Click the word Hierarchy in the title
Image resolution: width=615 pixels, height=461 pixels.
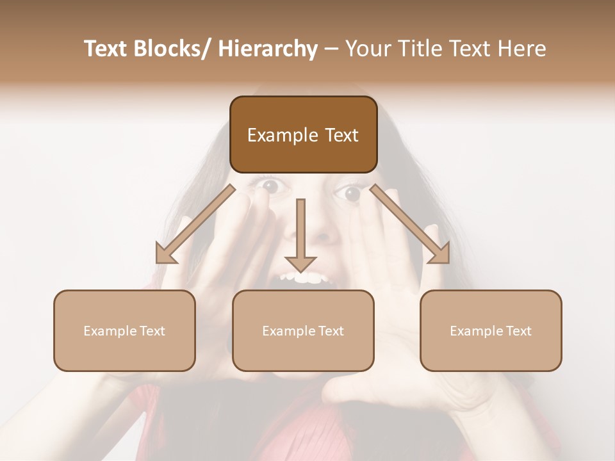tap(268, 49)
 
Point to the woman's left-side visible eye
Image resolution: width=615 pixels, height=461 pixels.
tap(269, 186)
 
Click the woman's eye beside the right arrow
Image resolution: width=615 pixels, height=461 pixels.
tap(354, 192)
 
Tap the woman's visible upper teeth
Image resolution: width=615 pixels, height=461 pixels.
tap(306, 278)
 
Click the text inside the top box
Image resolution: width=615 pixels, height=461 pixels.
tap(303, 135)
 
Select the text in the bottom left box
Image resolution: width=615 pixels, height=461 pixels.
tap(124, 331)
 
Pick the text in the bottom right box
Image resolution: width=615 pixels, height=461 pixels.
tap(491, 331)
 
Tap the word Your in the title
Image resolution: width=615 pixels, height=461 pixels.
tap(368, 49)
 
